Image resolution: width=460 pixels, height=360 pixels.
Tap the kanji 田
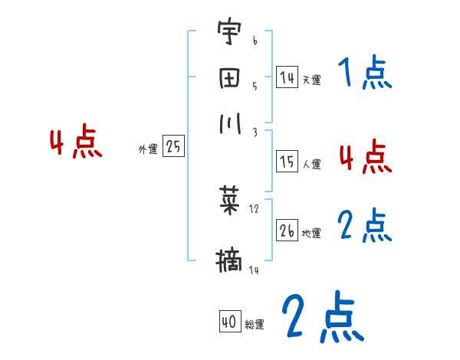click(229, 78)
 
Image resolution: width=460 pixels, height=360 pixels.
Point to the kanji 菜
click(229, 201)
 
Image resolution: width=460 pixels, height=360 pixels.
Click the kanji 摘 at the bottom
click(229, 260)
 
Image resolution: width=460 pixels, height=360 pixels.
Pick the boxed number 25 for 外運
click(173, 147)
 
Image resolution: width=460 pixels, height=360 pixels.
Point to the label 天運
click(311, 80)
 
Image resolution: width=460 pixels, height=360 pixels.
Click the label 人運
click(311, 164)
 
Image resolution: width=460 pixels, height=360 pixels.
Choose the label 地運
click(311, 234)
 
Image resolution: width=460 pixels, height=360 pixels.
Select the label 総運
click(255, 325)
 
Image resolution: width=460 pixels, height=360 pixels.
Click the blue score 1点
click(364, 74)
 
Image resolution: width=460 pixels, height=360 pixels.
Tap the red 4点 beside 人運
click(365, 156)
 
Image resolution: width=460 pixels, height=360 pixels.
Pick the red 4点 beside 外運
click(75, 144)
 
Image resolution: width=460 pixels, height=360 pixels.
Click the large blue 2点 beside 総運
click(322, 317)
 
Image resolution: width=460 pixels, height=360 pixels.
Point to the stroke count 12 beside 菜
click(255, 209)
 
